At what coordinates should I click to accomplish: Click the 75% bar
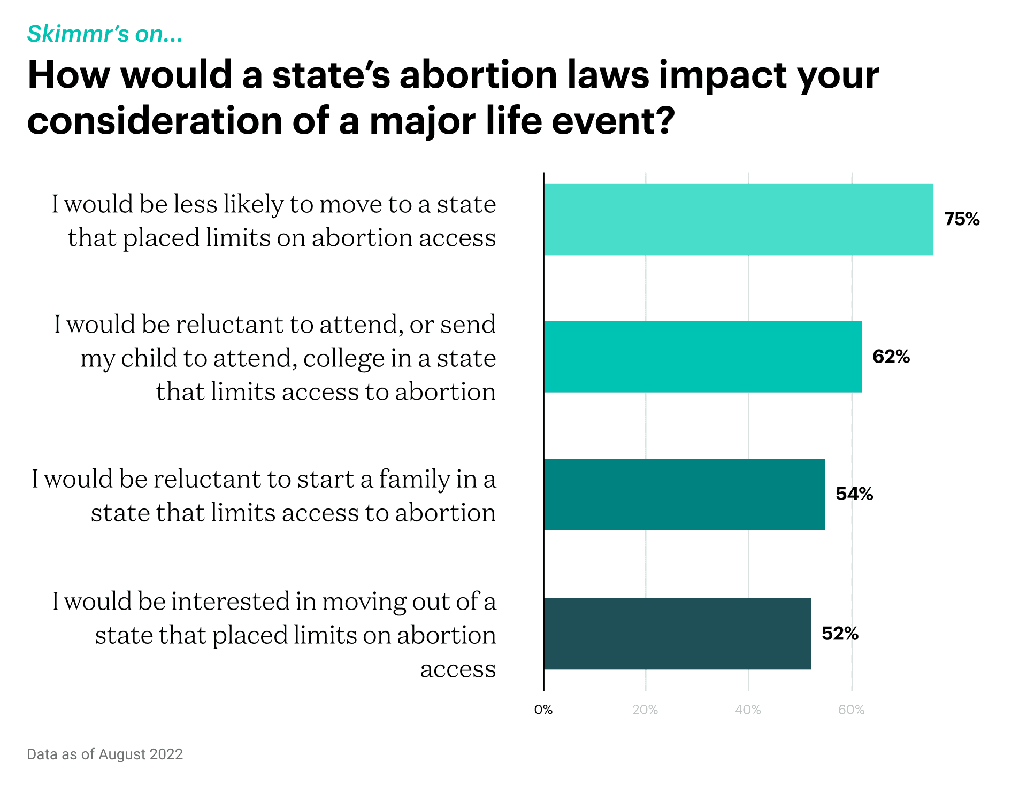click(x=738, y=219)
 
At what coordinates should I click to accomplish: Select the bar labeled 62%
click(x=702, y=357)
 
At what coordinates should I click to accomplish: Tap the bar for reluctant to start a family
click(x=684, y=494)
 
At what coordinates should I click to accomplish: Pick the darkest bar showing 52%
click(x=677, y=634)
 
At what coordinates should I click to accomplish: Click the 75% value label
click(x=961, y=219)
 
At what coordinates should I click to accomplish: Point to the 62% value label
click(x=891, y=357)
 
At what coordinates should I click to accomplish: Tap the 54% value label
click(x=854, y=494)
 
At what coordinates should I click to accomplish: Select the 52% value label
click(x=840, y=634)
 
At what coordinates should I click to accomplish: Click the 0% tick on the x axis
click(x=543, y=710)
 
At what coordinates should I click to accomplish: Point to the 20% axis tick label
click(x=645, y=710)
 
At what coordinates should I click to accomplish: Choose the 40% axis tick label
click(x=748, y=710)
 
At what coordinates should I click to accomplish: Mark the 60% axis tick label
click(x=851, y=710)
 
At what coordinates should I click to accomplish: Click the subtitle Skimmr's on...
click(x=105, y=34)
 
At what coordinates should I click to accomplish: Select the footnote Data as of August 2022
click(x=105, y=754)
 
